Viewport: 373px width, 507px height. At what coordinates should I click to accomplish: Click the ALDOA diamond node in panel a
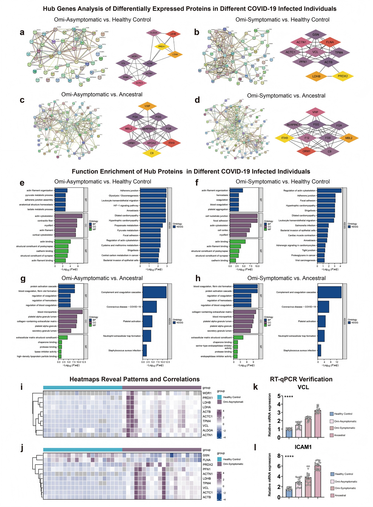click(x=154, y=33)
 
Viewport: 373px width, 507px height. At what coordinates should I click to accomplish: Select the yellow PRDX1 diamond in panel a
click(x=162, y=46)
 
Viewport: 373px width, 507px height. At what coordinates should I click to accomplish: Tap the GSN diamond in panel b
click(x=316, y=35)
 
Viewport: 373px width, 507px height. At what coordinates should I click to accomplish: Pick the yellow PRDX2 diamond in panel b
click(x=343, y=76)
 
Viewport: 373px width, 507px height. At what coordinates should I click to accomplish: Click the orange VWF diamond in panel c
click(x=147, y=106)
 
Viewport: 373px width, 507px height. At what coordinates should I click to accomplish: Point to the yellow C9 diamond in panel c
click(x=152, y=153)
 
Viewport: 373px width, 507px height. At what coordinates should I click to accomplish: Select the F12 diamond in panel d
click(x=307, y=138)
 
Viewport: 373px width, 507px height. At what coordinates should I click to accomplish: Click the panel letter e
click(x=22, y=183)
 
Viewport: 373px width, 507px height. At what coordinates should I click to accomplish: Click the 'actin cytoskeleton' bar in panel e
click(x=69, y=216)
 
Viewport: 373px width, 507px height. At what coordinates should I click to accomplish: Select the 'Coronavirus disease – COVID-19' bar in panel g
click(x=150, y=307)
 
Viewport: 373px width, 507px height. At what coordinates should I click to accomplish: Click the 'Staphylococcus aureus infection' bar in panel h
click(x=319, y=350)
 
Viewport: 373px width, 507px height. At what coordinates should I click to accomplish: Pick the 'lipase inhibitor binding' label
click(x=45, y=352)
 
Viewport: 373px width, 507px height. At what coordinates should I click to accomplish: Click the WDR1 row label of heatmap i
click(x=207, y=393)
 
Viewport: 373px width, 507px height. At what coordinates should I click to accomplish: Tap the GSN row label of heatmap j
click(x=206, y=455)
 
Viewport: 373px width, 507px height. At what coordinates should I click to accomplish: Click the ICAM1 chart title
click(x=303, y=447)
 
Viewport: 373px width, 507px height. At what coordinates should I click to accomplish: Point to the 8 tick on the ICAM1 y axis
click(x=279, y=456)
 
